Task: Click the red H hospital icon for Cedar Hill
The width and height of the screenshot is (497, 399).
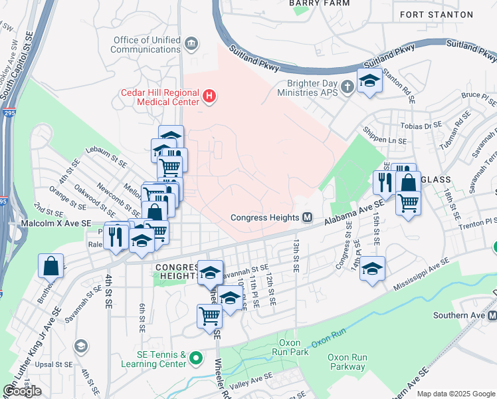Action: tap(209, 97)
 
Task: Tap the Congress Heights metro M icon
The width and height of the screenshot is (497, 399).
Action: tap(307, 217)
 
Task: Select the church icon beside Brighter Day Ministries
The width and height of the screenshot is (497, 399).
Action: tap(346, 87)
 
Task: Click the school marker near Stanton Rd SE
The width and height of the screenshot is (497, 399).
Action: tap(369, 81)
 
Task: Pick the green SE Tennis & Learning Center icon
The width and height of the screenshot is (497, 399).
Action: tap(195, 359)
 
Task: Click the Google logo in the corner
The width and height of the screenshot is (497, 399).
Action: tap(23, 391)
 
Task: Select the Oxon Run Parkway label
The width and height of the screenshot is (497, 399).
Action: tap(348, 362)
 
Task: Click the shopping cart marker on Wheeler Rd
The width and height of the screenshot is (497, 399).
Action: tap(209, 315)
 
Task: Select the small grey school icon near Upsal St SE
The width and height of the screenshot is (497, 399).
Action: tap(80, 346)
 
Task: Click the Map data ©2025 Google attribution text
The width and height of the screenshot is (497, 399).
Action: tap(456, 394)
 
